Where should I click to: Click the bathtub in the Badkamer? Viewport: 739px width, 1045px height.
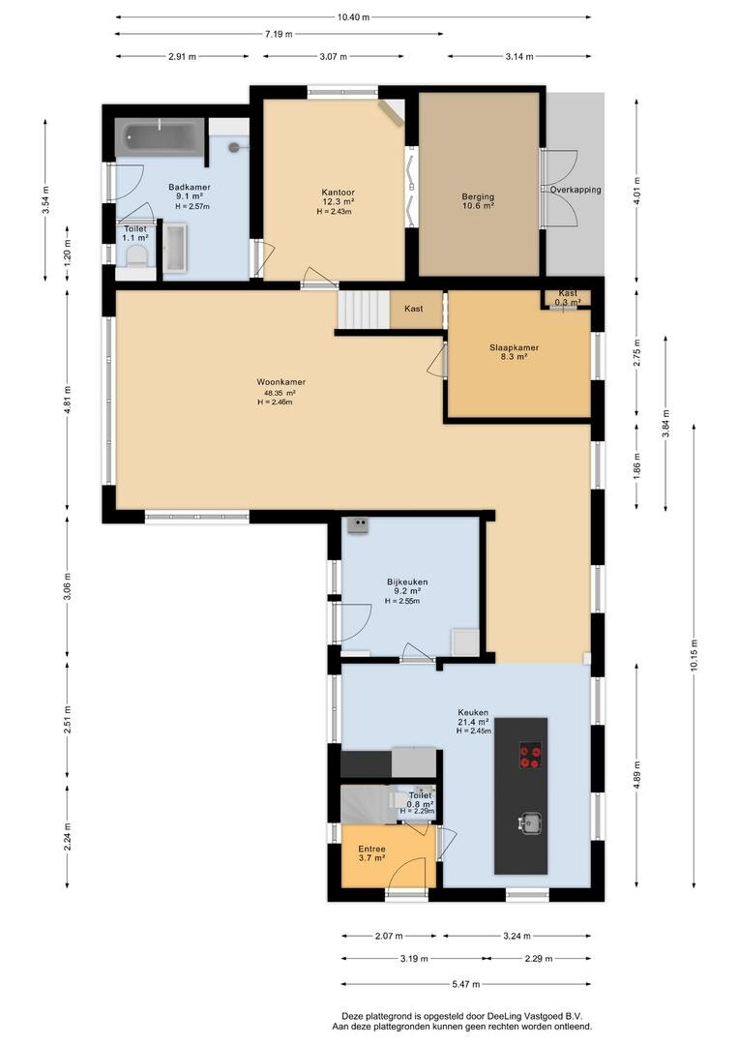[160, 137]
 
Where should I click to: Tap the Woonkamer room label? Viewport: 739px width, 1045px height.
[281, 382]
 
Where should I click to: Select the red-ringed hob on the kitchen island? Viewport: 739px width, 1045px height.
[530, 757]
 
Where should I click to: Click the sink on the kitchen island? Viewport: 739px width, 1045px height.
[530, 823]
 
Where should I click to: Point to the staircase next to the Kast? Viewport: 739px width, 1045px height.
[363, 310]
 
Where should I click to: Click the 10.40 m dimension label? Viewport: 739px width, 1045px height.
[353, 17]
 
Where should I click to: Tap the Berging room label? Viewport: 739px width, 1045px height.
[478, 196]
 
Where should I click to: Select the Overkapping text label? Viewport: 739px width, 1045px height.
[576, 190]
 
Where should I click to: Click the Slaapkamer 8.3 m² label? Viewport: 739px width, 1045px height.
[514, 352]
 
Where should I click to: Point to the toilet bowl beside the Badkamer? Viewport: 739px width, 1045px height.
[137, 256]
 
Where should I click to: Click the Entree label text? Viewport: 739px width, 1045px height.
[371, 850]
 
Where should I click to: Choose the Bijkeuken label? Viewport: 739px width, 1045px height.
[407, 582]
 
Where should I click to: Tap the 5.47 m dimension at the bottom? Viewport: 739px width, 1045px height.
[465, 984]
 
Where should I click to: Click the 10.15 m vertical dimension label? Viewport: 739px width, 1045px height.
[694, 656]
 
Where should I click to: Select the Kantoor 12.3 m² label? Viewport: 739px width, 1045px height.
[338, 196]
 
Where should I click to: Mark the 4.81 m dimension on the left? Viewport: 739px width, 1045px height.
[68, 401]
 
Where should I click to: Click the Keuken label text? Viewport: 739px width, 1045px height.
[473, 712]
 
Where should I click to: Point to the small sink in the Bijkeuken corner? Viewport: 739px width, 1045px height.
[358, 525]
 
